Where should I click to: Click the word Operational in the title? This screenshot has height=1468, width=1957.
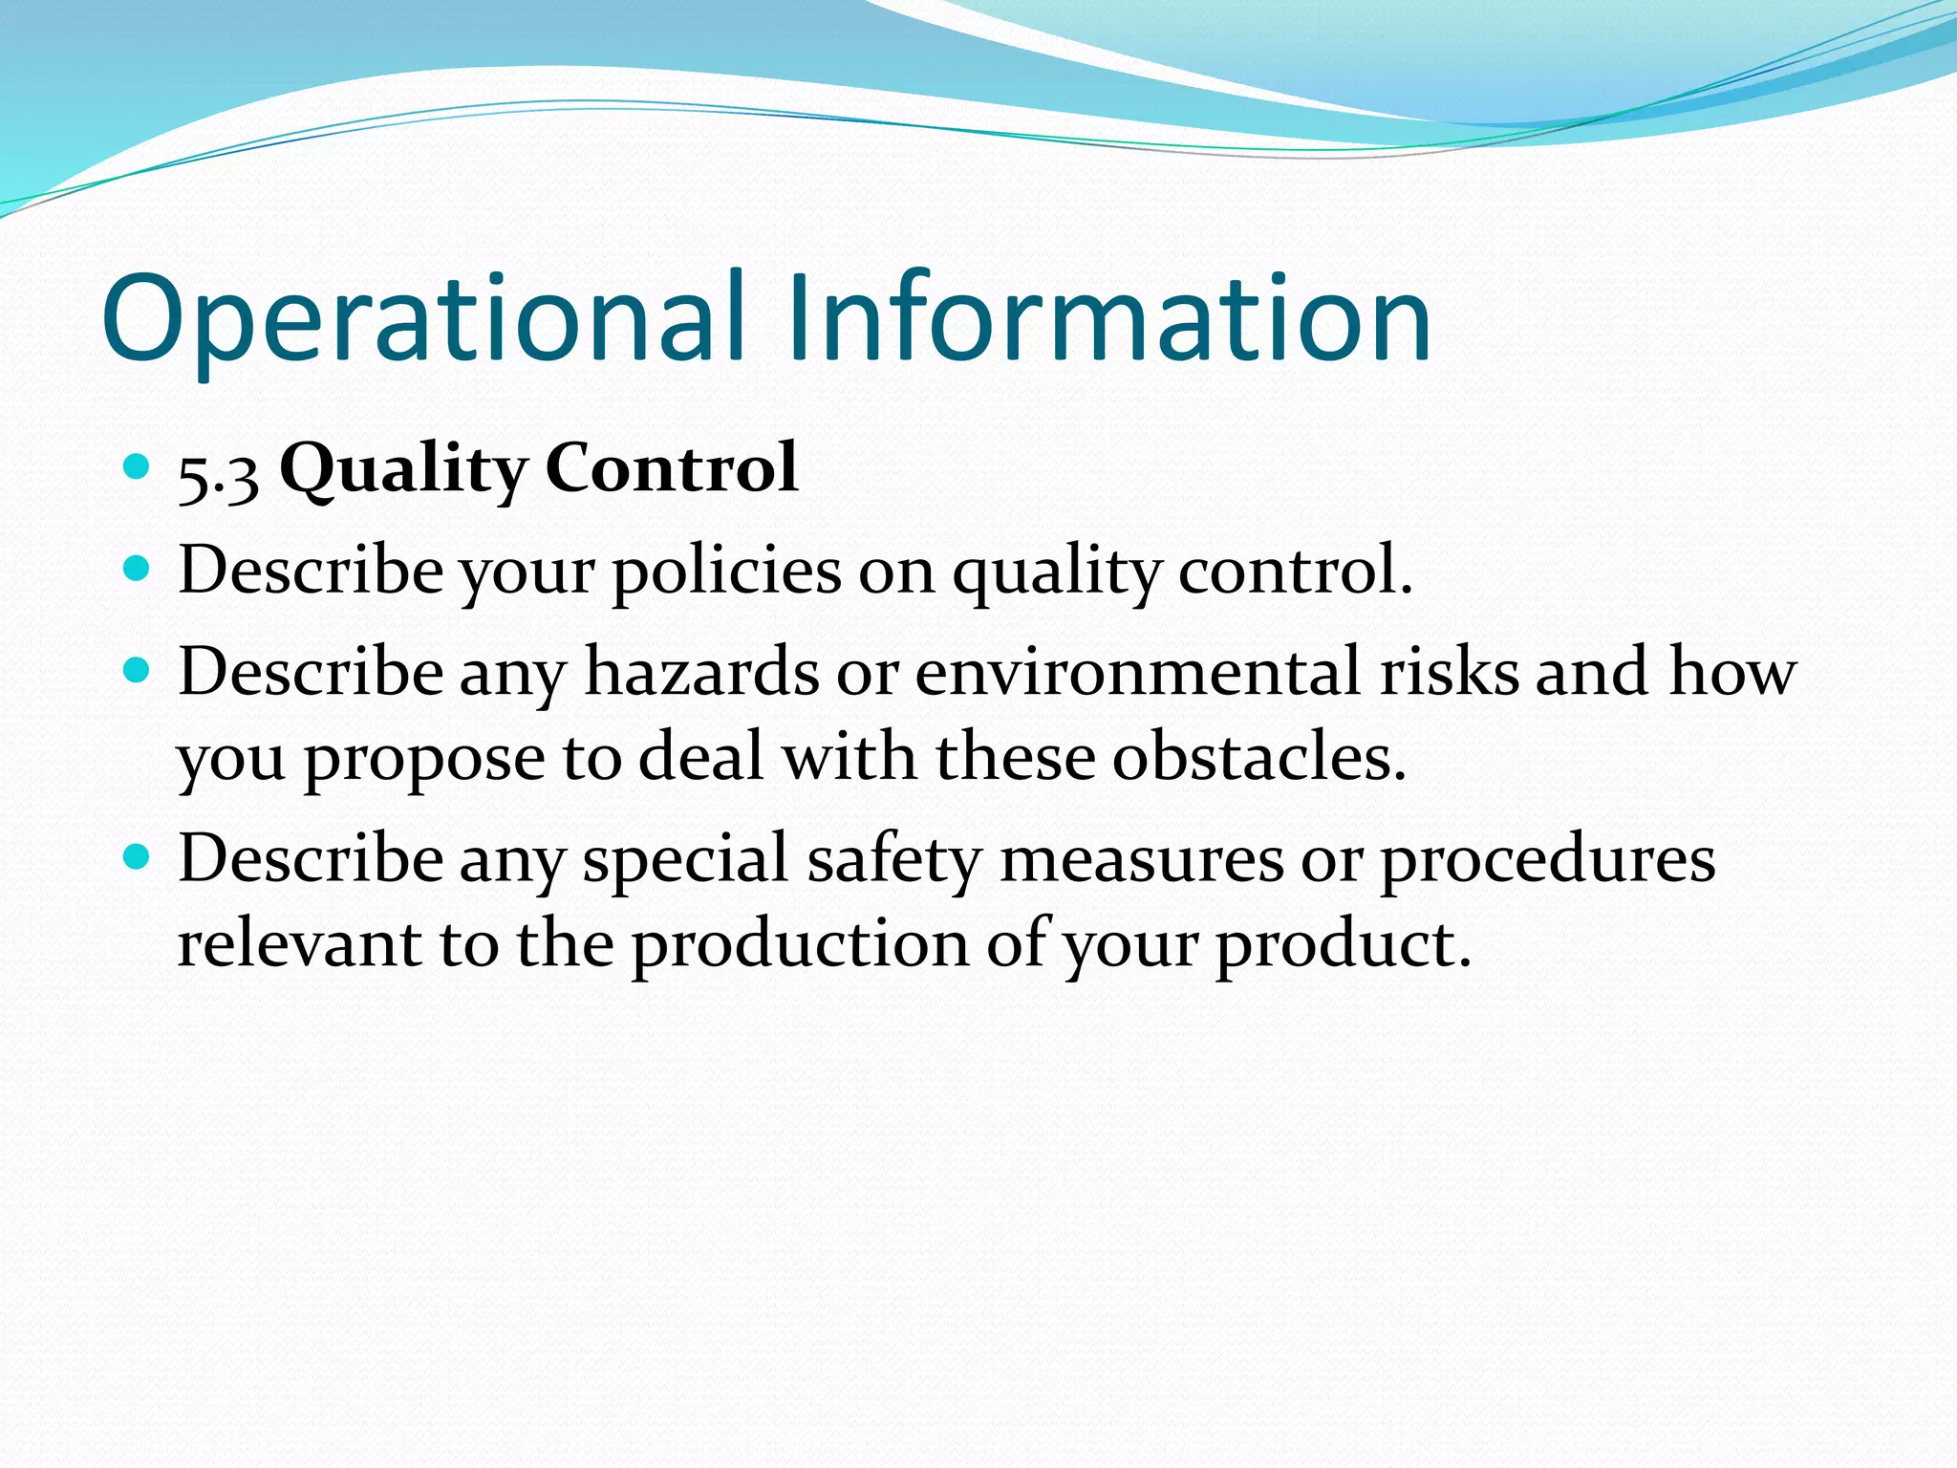click(420, 320)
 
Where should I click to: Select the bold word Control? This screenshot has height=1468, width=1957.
click(672, 468)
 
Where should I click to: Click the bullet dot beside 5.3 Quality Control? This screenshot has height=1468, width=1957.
click(138, 467)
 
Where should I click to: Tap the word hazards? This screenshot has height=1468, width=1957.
click(702, 671)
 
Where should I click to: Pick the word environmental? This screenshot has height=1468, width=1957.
click(1138, 671)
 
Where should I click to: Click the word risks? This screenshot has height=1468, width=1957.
click(1449, 671)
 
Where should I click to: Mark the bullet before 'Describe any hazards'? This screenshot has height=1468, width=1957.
click(138, 670)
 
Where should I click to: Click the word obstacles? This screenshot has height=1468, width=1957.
click(1258, 757)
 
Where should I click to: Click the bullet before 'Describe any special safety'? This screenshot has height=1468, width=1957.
click(138, 856)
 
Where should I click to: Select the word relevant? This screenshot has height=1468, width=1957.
click(299, 944)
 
